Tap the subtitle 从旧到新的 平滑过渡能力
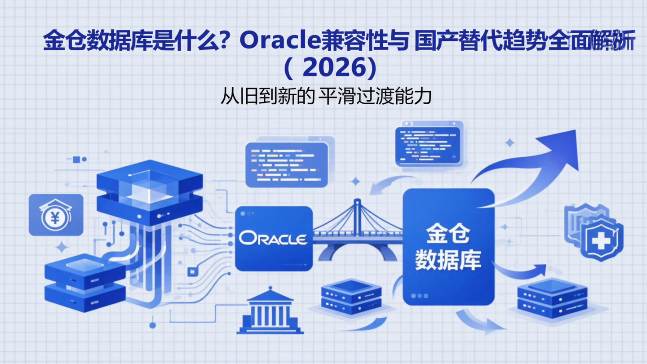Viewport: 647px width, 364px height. (x=326, y=96)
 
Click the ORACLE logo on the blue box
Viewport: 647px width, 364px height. (x=273, y=238)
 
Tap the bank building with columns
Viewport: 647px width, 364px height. (x=270, y=311)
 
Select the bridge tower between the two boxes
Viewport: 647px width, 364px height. (x=357, y=216)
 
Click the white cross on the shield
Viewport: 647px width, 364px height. (x=601, y=242)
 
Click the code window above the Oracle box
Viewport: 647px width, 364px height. (x=287, y=164)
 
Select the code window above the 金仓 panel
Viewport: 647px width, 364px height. (x=428, y=145)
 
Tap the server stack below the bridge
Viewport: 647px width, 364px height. (x=351, y=297)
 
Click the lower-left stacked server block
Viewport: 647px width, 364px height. (x=85, y=283)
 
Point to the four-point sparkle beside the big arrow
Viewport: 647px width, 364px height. (x=509, y=143)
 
